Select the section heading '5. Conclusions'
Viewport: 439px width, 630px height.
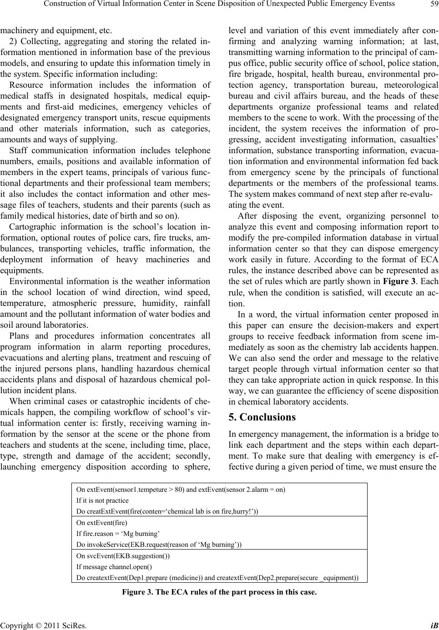click(x=262, y=417)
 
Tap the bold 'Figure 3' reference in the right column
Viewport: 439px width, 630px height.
click(x=399, y=281)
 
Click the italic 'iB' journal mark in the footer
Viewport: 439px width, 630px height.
click(x=434, y=625)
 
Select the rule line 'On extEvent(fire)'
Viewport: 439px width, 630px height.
click(x=102, y=523)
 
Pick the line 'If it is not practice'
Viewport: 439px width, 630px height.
click(x=102, y=500)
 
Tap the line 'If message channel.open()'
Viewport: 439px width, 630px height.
click(x=114, y=567)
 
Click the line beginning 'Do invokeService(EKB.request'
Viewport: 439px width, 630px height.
click(x=159, y=545)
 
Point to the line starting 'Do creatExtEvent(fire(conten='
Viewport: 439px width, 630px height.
click(x=167, y=511)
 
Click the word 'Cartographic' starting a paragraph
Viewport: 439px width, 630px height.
click(x=30, y=226)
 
